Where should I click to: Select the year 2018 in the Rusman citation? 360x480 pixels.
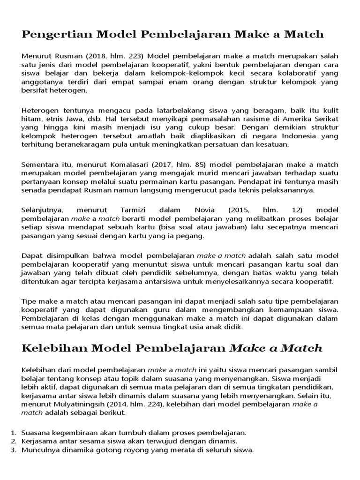click(x=82, y=56)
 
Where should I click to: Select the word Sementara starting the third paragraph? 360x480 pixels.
click(x=41, y=164)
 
